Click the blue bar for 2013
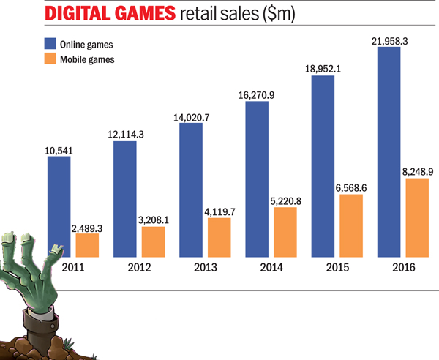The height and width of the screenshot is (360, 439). point(190,190)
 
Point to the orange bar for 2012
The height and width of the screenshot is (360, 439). point(153,241)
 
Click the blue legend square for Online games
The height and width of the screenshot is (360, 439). point(51,43)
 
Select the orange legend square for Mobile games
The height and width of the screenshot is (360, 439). point(51,59)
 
